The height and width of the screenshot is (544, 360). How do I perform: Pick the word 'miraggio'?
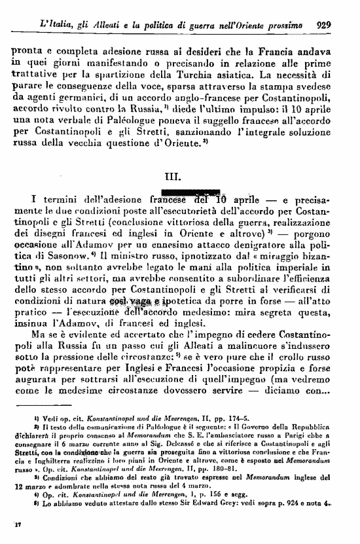point(288,254)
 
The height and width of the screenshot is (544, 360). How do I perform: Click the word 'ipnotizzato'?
point(196,254)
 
